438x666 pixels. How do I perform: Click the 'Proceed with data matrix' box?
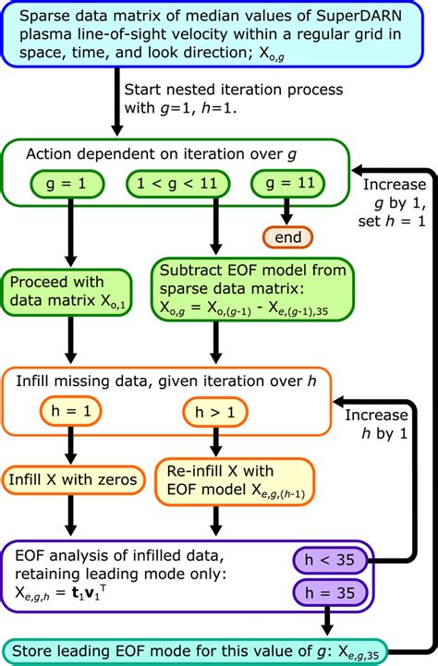(66, 295)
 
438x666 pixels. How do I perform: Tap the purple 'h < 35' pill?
(328, 559)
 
